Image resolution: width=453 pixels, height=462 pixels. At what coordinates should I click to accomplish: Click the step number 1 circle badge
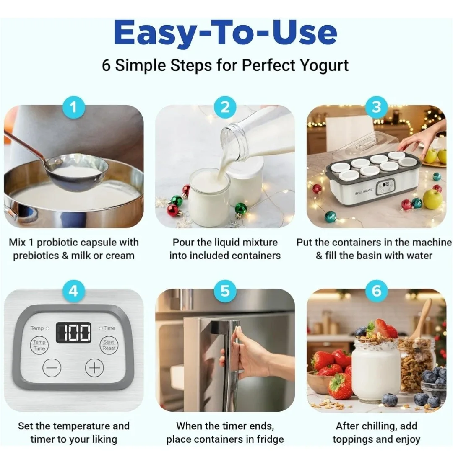tap(73, 108)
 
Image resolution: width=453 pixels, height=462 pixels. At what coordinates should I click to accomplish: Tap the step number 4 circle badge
tap(73, 291)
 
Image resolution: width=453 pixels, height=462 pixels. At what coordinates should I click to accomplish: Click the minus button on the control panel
tap(52, 368)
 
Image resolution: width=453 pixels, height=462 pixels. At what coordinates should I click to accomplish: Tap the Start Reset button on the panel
tap(109, 345)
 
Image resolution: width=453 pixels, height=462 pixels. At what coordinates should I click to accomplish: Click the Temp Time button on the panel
tap(39, 345)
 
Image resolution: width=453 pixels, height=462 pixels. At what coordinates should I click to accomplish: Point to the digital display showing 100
tap(73, 333)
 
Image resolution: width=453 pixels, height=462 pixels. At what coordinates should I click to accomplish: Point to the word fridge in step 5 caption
tap(269, 439)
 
